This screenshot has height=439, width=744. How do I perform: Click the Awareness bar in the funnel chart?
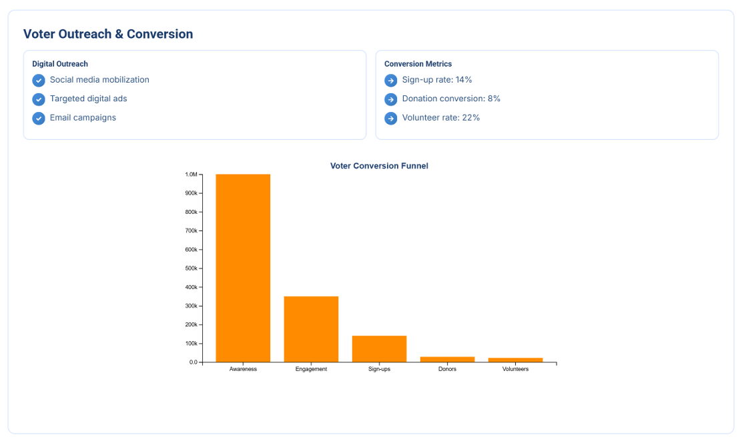click(243, 268)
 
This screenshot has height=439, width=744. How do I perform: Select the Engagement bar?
click(311, 329)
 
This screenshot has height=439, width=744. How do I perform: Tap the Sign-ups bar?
click(379, 348)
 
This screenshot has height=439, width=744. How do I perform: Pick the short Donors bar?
click(447, 360)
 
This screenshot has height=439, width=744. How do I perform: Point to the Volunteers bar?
click(515, 360)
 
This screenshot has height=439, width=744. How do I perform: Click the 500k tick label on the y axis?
click(192, 268)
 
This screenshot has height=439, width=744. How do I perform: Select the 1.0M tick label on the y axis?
click(191, 175)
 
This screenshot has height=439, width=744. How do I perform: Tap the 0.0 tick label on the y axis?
click(193, 362)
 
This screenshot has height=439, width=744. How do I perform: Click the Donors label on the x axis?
click(447, 369)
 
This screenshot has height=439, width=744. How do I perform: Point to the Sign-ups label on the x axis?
click(379, 369)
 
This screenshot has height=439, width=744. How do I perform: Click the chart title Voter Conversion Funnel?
click(379, 166)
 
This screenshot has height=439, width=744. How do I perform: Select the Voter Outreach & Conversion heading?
click(108, 34)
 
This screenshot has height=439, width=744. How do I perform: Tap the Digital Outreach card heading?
click(60, 64)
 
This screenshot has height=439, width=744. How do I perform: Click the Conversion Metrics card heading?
click(418, 64)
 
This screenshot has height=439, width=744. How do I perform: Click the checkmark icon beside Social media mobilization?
click(39, 81)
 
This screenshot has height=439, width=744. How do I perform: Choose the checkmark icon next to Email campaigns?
click(39, 118)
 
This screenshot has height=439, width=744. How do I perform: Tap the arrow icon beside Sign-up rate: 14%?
click(391, 81)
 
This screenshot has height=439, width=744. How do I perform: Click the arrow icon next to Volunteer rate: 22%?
click(391, 118)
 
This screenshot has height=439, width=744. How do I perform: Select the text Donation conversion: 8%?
click(451, 99)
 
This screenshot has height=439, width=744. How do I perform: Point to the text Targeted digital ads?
click(88, 99)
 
